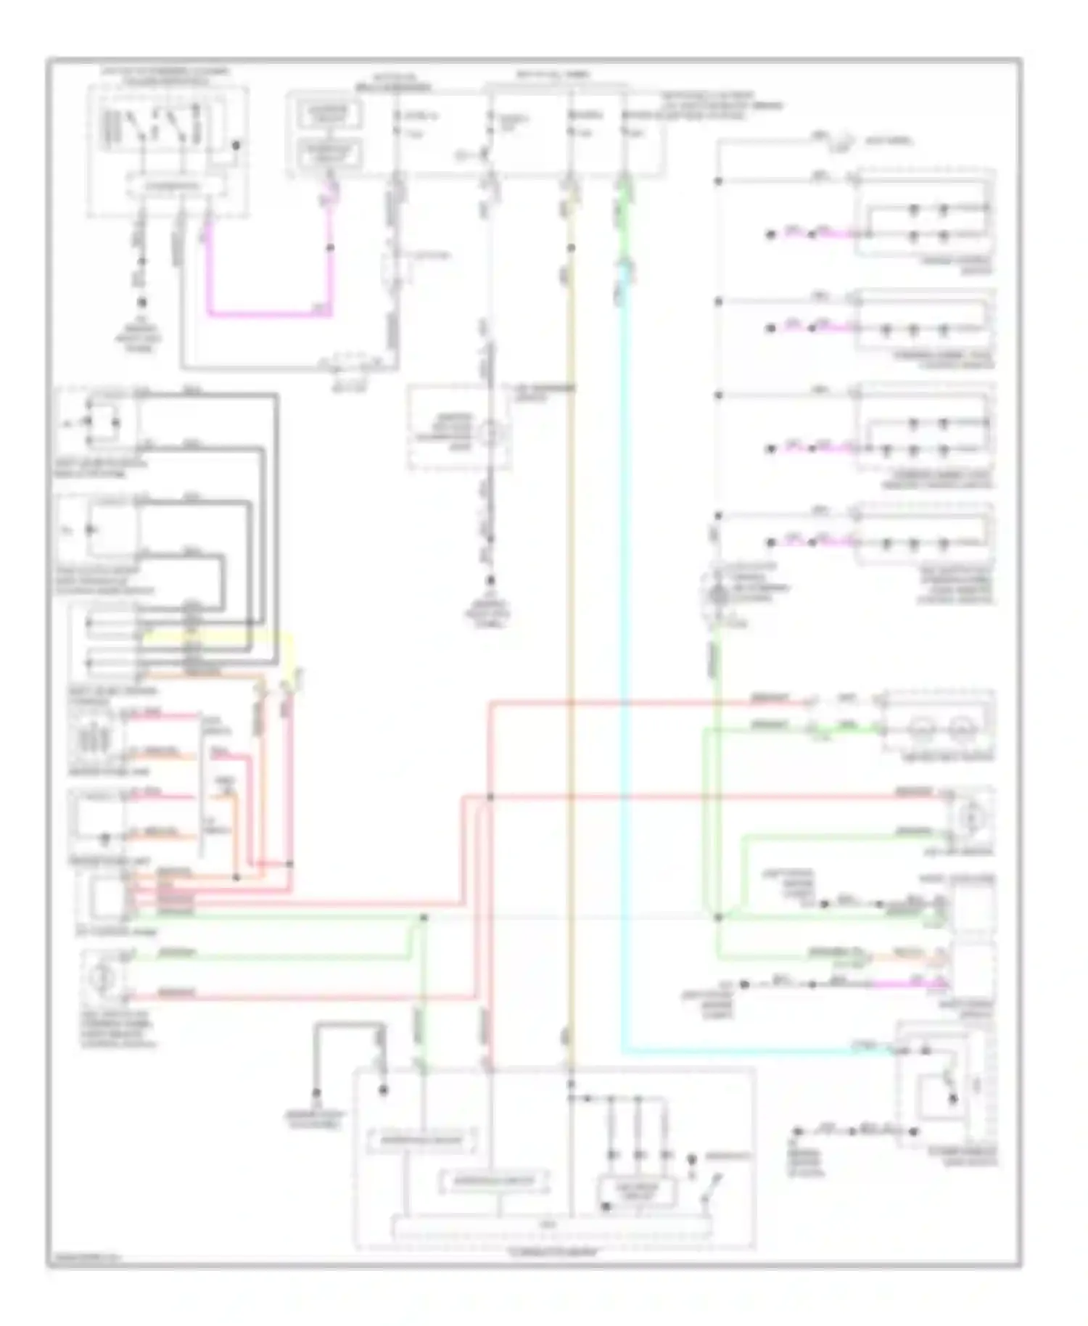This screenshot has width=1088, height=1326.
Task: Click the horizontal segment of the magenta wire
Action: (268, 314)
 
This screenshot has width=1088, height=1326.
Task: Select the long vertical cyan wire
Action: (623, 653)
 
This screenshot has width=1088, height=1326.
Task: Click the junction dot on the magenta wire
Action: (331, 248)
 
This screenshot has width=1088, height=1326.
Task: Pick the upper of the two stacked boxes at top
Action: (330, 113)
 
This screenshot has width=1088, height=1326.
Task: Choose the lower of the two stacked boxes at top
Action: (330, 152)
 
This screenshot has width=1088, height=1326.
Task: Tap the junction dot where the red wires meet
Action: (490, 797)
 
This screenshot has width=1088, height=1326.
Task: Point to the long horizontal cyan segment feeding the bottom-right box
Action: (747, 1050)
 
